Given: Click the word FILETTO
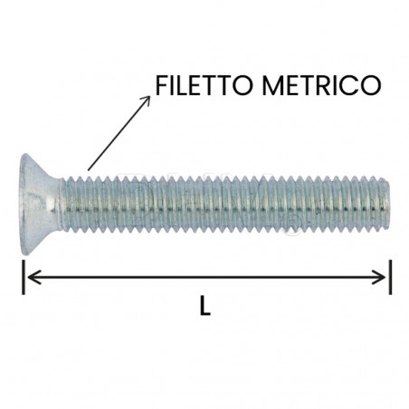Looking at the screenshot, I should (204, 85).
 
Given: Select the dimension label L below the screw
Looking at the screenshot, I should (204, 308).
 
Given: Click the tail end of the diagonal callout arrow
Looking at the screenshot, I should (88, 169).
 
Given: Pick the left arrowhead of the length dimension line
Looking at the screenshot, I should (29, 277).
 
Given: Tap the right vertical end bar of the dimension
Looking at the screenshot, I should (390, 277).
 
